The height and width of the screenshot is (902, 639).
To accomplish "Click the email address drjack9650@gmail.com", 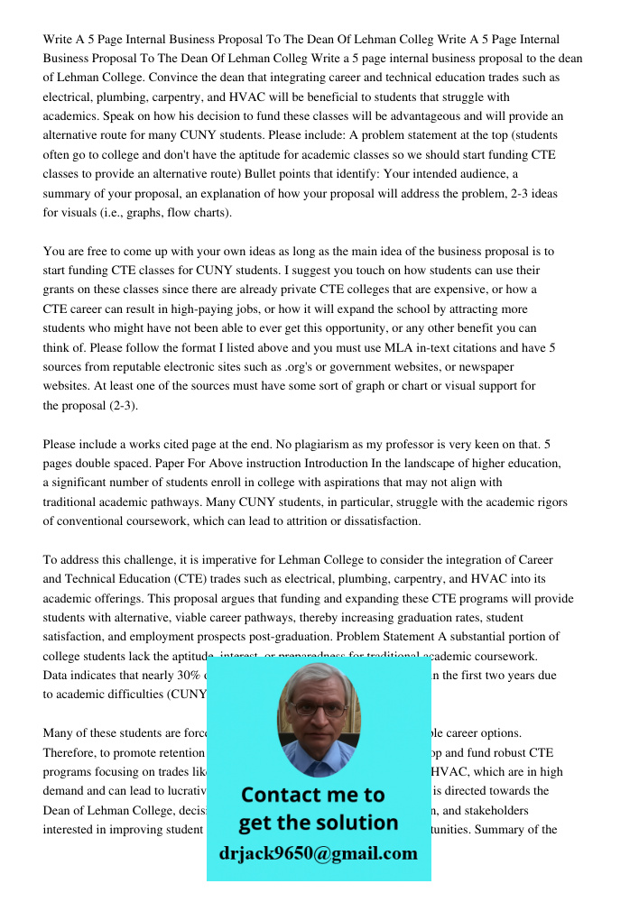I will click(x=319, y=853).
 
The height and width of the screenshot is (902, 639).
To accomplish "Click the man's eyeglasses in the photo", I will click(x=317, y=709).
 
